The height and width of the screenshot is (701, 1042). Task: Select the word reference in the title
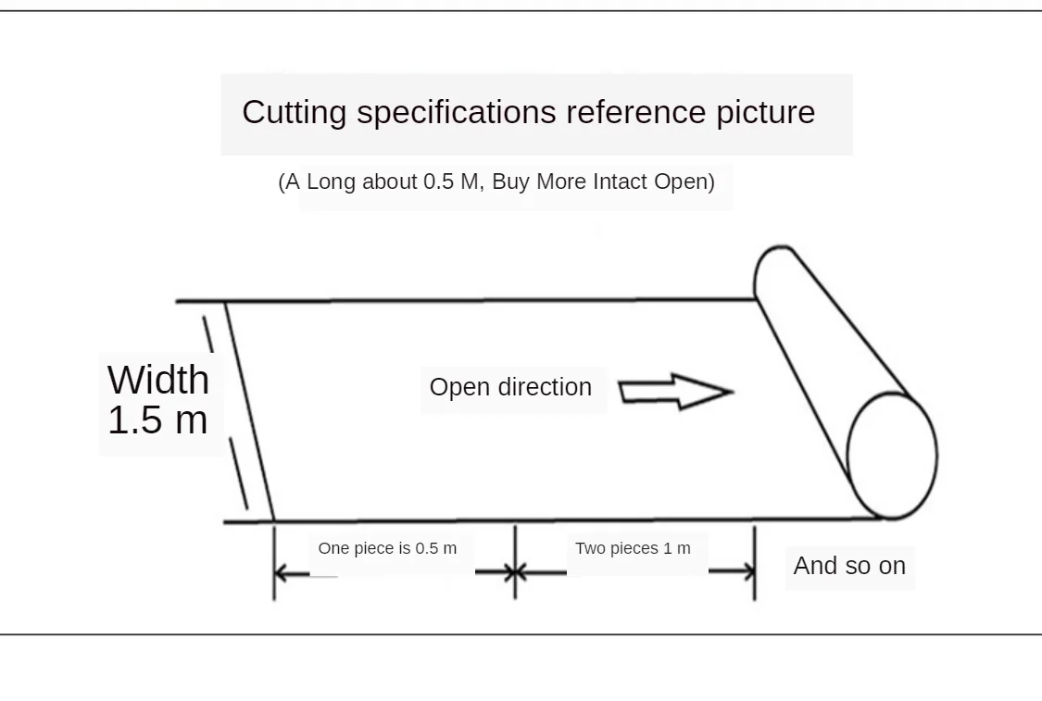tap(636, 112)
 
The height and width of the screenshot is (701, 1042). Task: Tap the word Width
tap(158, 380)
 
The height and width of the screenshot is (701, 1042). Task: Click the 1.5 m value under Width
tap(158, 419)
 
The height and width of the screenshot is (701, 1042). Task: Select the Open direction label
tap(510, 387)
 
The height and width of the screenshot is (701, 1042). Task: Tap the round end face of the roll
tap(893, 456)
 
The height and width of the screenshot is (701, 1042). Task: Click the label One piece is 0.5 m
tap(387, 548)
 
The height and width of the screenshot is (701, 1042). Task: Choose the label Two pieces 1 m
tap(633, 548)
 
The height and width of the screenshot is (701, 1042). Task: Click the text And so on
tap(849, 566)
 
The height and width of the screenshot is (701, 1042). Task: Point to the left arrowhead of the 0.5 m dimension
tap(282, 573)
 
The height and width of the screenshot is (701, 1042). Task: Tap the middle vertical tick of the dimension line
tap(515, 562)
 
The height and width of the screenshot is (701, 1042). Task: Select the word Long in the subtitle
tap(331, 182)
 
